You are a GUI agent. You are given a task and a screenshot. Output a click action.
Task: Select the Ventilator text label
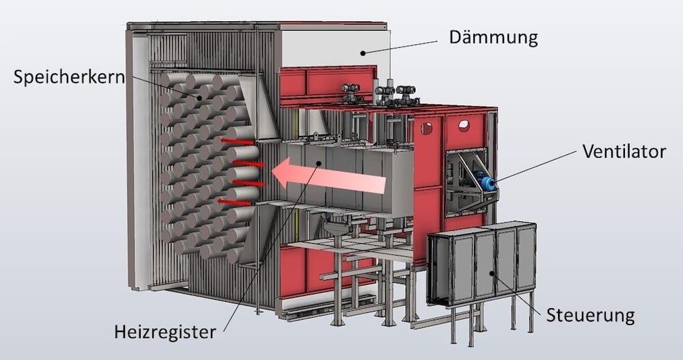click(x=624, y=151)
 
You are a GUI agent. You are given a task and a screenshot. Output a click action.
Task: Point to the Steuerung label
click(x=591, y=316)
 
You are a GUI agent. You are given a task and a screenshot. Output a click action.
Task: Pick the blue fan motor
click(x=488, y=183)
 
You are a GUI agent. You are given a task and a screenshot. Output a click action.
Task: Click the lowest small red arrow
click(x=232, y=201)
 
